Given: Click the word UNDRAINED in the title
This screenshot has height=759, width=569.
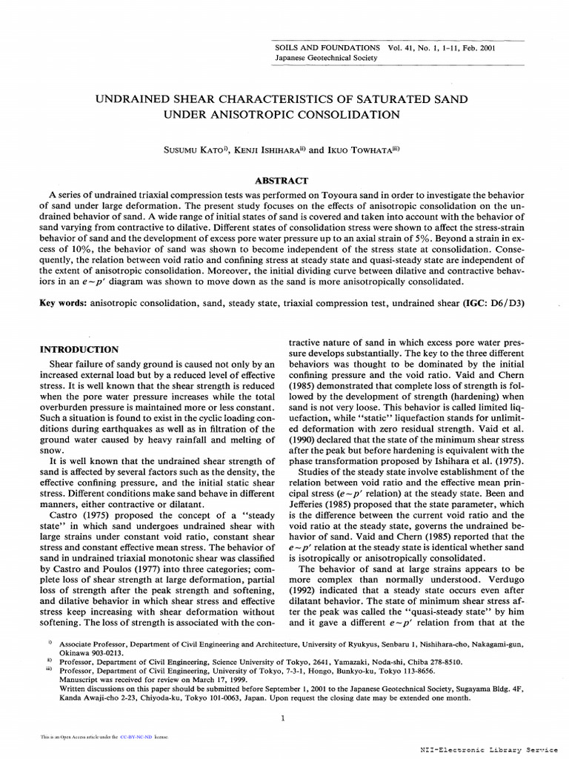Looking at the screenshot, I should click(137, 99).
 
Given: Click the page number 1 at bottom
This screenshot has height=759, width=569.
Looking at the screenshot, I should click(284, 718).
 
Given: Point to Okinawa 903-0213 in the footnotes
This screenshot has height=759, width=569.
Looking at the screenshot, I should click(90, 654).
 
